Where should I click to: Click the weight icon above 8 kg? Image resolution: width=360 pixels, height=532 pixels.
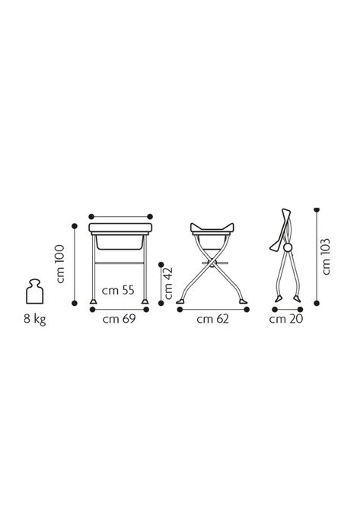point(34,291)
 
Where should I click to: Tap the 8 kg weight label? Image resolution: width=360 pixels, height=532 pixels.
point(34,319)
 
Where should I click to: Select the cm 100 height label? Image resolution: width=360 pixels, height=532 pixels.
point(60,264)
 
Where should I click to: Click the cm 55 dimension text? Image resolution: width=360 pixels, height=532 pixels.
point(118,291)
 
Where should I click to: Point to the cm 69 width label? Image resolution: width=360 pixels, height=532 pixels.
point(119,319)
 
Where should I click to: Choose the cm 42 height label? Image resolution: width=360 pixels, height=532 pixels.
point(168,284)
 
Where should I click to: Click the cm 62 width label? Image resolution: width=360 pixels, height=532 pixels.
point(213,319)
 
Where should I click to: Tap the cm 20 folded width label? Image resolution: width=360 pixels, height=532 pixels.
point(286,319)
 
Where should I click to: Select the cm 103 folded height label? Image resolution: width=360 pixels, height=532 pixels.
point(326,256)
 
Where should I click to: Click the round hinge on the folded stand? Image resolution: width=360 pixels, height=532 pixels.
point(288,248)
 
